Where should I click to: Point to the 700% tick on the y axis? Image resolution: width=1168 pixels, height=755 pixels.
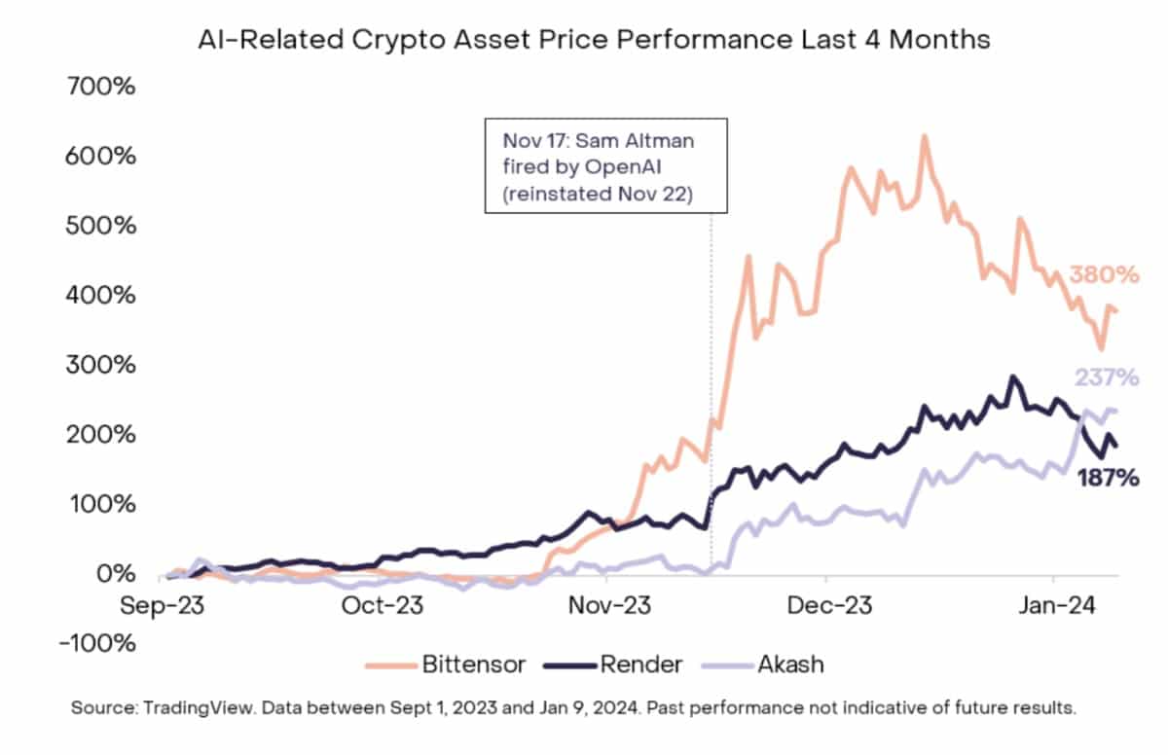coord(100,87)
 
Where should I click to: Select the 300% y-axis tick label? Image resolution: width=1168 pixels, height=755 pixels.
coord(100,366)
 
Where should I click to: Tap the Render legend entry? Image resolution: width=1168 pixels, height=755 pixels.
coord(615,665)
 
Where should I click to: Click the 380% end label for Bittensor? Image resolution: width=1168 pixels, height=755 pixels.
coord(1104,275)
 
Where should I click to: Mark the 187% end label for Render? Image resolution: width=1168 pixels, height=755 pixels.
coord(1108,478)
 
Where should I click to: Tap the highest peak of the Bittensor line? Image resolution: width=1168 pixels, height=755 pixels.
coord(924,136)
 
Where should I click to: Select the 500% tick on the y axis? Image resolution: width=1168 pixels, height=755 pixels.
coord(100,226)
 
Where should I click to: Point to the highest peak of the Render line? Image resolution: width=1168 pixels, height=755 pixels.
coord(1012,377)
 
